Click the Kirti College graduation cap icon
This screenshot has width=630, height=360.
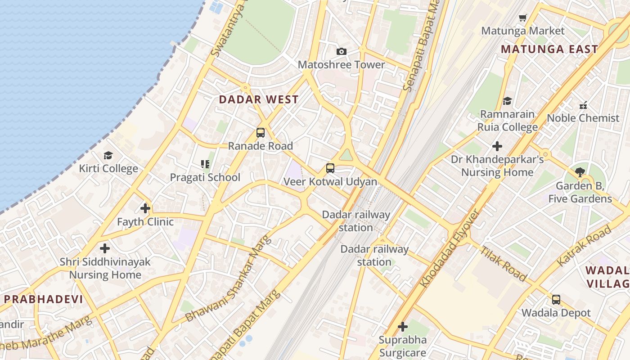108,156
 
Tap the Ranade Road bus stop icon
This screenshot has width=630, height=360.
260,133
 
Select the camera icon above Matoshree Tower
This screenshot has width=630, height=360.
342,52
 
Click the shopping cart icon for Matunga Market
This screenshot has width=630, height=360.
522,18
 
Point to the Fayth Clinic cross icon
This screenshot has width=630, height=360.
145,208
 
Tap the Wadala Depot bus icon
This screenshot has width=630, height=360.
556,300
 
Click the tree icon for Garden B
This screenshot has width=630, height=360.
580,172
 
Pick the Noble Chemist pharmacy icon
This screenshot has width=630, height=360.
583,105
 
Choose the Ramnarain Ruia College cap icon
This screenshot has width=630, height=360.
508,101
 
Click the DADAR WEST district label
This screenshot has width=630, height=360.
259,100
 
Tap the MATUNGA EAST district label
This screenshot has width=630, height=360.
549,49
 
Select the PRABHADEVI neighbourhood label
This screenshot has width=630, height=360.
43,299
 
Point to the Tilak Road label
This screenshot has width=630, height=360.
503,264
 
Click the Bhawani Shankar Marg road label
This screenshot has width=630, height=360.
229,279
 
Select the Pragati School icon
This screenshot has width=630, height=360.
205,164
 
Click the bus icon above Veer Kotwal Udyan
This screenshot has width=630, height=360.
330,168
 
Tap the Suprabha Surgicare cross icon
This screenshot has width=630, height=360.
403,327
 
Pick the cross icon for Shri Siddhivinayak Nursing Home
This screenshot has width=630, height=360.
105,248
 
